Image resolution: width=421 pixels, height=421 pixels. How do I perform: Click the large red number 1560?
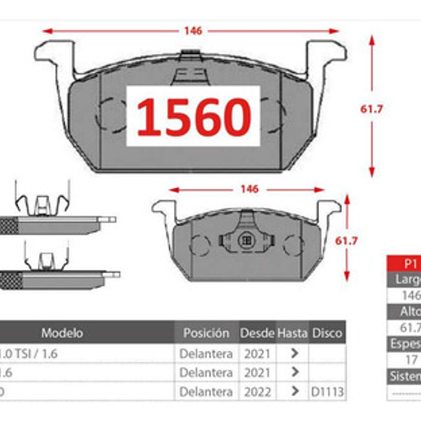coord(193,117)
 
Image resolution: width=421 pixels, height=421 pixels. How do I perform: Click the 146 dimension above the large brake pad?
coord(193,31)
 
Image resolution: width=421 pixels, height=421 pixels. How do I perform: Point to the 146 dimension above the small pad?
coord(249,189)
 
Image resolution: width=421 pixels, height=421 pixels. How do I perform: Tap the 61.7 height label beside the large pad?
coord(372,109)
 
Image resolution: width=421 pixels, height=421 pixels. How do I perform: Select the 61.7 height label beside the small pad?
coord(347,241)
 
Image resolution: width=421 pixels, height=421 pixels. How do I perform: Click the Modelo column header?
coord(62,333)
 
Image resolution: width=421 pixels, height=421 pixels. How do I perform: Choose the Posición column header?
coord(206,333)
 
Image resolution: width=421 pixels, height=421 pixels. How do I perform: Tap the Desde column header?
coord(257,333)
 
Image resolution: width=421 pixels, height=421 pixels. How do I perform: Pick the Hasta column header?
coord(292,333)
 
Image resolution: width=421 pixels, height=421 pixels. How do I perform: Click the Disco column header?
coord(327,333)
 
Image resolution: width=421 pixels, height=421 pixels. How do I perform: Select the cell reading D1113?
coord(327,392)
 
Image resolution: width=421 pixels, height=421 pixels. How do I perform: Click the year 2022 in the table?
coord(257,392)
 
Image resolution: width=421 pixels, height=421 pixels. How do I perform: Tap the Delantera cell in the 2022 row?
coord(206,392)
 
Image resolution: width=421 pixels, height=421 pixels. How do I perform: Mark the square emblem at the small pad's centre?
coord(247,240)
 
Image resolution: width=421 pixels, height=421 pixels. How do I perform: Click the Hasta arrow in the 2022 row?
coord(295,392)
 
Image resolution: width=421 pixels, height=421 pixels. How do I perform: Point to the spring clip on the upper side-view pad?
coord(42,201)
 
